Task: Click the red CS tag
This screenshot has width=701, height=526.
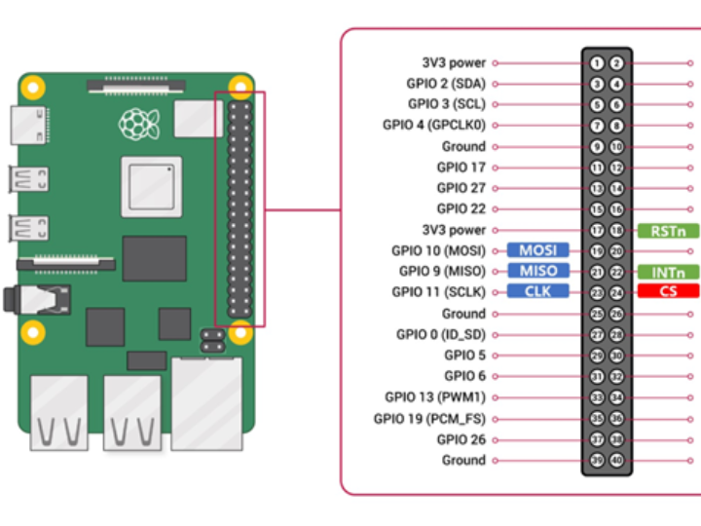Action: (x=669, y=291)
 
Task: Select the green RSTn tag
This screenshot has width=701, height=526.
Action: (x=669, y=231)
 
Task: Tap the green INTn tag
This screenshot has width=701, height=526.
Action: (x=669, y=272)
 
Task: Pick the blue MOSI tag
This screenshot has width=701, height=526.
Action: (x=537, y=250)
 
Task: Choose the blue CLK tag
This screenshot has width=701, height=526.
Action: (x=537, y=291)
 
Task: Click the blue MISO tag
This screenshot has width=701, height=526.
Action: (x=537, y=271)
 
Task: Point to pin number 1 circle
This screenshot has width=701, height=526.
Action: (x=597, y=63)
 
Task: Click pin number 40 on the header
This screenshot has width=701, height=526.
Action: (x=616, y=461)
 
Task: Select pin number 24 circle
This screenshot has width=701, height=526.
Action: (x=616, y=292)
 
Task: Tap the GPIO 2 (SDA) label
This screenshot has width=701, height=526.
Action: (x=446, y=84)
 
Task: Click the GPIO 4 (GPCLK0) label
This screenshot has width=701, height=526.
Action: (x=434, y=125)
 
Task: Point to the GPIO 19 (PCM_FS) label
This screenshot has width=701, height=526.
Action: (x=429, y=419)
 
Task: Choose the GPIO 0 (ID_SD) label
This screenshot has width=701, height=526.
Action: (x=440, y=334)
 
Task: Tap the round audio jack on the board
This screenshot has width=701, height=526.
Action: (x=14, y=299)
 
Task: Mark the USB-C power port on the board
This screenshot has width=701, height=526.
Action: (x=24, y=123)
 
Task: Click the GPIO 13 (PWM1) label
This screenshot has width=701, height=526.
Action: (x=434, y=397)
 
